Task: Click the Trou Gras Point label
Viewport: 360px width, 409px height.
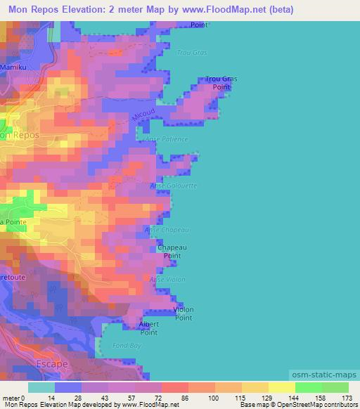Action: pyautogui.click(x=221, y=83)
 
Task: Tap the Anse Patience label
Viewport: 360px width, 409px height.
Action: pyautogui.click(x=167, y=139)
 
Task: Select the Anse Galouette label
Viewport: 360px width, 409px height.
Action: pyautogui.click(x=173, y=186)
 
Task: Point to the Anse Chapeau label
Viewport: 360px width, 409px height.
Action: pyautogui.click(x=167, y=230)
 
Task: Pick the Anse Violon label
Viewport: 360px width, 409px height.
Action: pyautogui.click(x=167, y=279)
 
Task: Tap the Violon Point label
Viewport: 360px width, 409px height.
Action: pyautogui.click(x=184, y=313)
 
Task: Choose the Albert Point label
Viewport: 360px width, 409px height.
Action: pyautogui.click(x=148, y=328)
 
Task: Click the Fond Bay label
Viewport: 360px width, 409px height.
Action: pyautogui.click(x=127, y=346)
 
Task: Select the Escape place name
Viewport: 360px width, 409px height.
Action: pyautogui.click(x=52, y=363)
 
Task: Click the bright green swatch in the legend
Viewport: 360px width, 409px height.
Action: pyautogui.click(x=309, y=387)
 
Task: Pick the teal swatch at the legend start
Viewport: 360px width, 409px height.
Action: pyautogui.click(x=41, y=387)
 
